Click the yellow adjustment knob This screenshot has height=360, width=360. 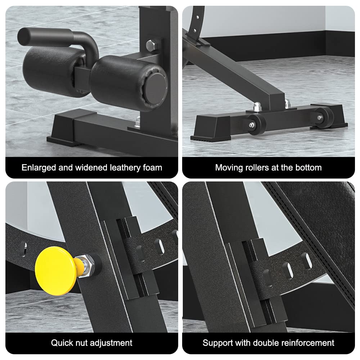[x=55, y=270]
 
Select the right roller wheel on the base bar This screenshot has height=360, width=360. [x=322, y=118]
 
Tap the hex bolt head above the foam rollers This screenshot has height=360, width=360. [x=152, y=45]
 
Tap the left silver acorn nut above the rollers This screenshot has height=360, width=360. [x=258, y=107]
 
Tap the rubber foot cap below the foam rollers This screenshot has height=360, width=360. [x=63, y=130]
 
